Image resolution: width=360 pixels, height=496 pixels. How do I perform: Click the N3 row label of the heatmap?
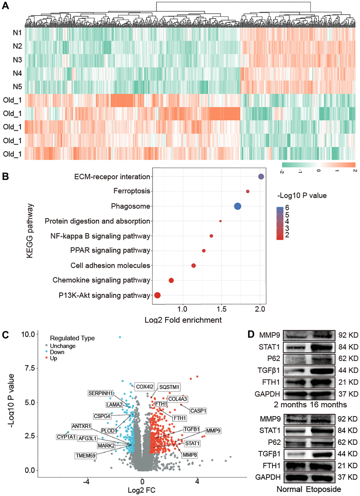point(17,60)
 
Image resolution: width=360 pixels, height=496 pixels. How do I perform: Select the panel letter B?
point(5,176)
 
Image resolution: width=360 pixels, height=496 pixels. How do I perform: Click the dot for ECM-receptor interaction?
point(261,177)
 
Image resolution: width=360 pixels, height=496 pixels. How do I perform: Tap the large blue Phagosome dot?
point(238,206)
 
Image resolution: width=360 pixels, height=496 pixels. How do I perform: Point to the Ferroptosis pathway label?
point(132,191)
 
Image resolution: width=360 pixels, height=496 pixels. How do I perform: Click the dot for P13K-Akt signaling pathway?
point(157,295)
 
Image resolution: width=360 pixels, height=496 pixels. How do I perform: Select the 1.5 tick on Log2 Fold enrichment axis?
point(221,309)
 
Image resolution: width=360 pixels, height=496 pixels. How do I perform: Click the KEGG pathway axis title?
point(30,230)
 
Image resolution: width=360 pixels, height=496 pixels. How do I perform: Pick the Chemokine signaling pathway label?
point(101,280)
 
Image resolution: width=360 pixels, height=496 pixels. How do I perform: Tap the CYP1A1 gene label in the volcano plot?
point(66,437)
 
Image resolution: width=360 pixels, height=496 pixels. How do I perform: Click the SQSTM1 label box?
point(169,387)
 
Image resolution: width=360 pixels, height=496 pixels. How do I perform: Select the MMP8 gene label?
point(190,455)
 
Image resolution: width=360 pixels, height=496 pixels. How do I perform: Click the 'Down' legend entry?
point(57,352)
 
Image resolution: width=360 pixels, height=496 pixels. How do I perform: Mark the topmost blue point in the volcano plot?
point(120,337)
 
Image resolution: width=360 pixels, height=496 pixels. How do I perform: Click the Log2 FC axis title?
point(141,490)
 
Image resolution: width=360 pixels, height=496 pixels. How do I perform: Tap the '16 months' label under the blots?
point(328,405)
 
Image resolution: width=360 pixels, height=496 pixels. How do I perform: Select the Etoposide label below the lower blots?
point(323,489)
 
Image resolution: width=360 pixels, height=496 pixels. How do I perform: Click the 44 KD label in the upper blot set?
point(348,370)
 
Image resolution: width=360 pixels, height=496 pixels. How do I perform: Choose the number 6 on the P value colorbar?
point(287,208)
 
